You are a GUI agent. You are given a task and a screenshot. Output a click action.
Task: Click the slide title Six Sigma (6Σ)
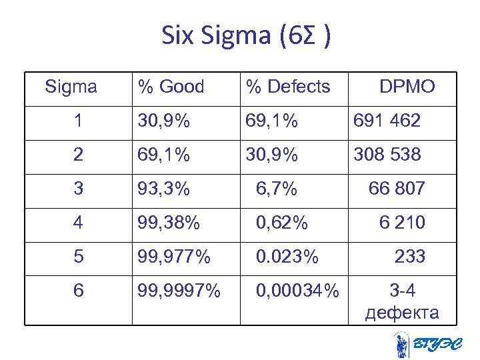[x=245, y=36]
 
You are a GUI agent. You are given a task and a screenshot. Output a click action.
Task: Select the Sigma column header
[x=71, y=87]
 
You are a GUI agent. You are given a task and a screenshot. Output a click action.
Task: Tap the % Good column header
[x=171, y=87]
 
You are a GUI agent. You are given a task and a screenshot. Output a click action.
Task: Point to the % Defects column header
[x=288, y=87]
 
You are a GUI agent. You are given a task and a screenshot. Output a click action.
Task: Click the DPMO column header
[x=407, y=87]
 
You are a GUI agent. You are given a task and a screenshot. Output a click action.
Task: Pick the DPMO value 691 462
[x=387, y=121]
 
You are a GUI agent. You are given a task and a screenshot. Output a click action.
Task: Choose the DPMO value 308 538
[x=387, y=155]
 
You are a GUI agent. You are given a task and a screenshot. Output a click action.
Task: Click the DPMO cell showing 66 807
[x=397, y=189]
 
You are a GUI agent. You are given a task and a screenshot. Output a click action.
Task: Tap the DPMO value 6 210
[x=401, y=223]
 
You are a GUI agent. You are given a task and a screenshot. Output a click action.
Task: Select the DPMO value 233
[x=409, y=257]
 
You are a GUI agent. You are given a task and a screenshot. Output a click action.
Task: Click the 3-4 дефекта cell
[x=402, y=302]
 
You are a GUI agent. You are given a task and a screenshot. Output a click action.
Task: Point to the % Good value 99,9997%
[x=179, y=291]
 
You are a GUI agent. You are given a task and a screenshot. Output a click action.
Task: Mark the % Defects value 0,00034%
[x=298, y=291]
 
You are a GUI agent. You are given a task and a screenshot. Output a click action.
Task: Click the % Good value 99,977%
[x=174, y=257]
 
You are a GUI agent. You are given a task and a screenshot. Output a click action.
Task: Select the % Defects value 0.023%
[x=287, y=257]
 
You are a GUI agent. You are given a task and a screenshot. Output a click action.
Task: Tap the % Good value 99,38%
[x=169, y=223]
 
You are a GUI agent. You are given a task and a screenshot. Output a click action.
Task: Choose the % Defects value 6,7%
[x=277, y=189]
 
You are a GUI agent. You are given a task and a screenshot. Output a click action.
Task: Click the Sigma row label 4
[x=79, y=223]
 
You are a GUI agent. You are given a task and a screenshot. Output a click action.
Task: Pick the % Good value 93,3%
[x=164, y=189]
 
